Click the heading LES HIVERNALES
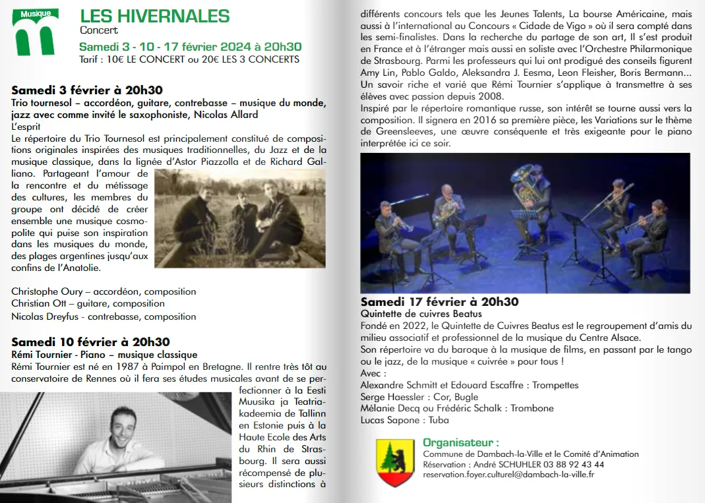(x=154, y=16)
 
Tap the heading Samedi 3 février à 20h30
(x=87, y=90)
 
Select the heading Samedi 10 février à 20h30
(x=90, y=342)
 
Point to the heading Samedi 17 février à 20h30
(x=439, y=302)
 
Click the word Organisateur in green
(x=460, y=442)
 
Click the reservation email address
(x=508, y=474)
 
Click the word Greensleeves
(x=394, y=132)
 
